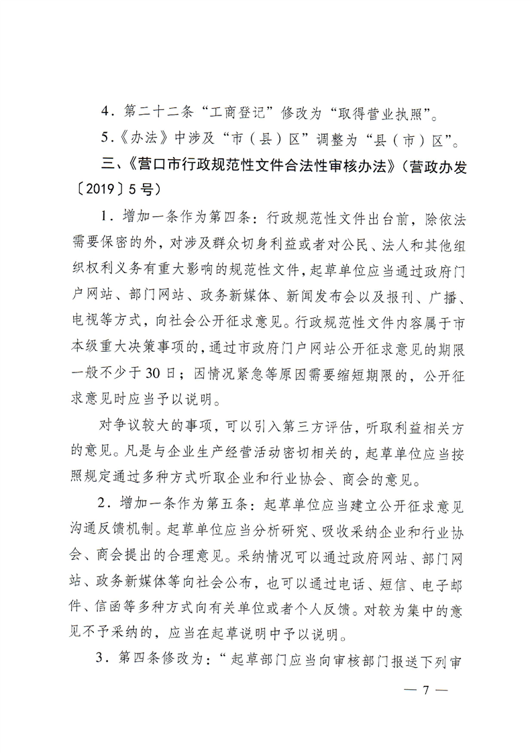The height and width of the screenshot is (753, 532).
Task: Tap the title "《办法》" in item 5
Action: tap(131, 141)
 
